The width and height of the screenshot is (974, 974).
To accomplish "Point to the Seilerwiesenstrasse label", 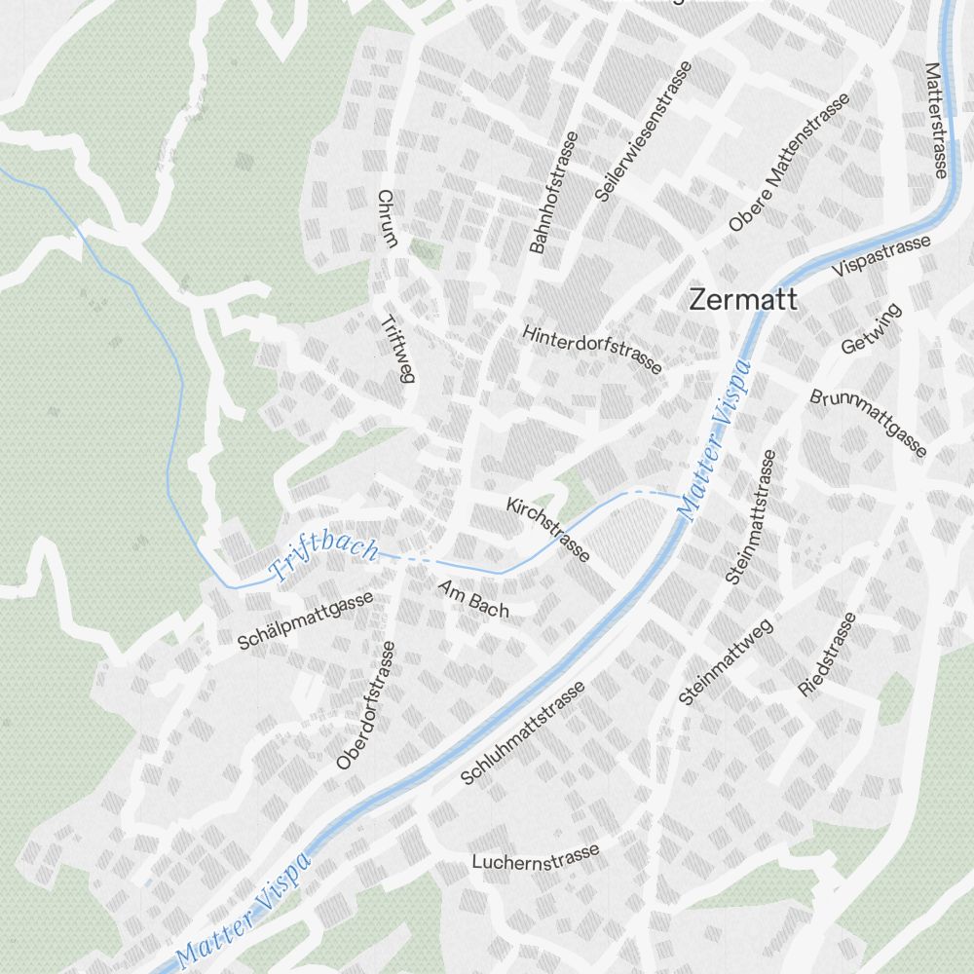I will click(x=644, y=131).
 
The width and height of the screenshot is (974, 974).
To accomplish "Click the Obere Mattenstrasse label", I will click(x=789, y=163).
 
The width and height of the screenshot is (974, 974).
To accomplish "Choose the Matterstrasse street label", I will click(x=936, y=121).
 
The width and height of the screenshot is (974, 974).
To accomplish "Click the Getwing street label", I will click(x=872, y=329).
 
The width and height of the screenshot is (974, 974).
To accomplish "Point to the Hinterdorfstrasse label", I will click(x=592, y=349).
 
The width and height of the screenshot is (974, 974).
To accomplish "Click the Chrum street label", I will click(x=385, y=219).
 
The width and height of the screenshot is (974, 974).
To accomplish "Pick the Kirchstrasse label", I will click(x=548, y=530).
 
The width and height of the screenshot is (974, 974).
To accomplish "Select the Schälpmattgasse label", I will click(x=305, y=621).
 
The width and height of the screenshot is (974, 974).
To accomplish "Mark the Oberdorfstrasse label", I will click(x=366, y=704).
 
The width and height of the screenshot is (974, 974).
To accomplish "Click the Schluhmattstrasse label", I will click(x=523, y=732).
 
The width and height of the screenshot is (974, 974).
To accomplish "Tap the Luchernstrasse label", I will click(x=536, y=858).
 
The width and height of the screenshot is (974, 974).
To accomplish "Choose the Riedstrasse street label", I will click(x=828, y=655).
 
